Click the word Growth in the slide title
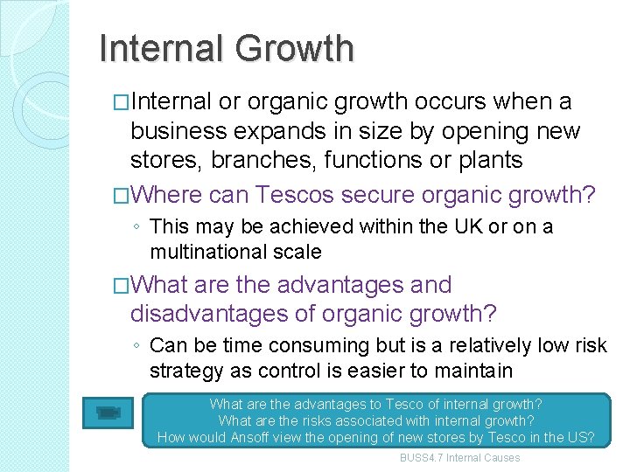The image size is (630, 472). tap(296, 49)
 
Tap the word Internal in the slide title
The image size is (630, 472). tap(163, 49)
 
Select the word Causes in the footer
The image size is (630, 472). tap(500, 458)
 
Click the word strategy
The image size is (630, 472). tap(185, 371)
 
